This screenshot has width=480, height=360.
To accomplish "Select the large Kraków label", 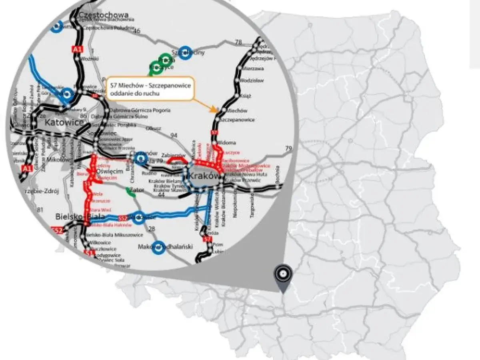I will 204,176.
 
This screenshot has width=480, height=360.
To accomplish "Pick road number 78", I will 239,42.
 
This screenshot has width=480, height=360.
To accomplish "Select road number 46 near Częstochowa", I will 138,31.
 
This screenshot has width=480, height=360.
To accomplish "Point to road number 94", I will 174,136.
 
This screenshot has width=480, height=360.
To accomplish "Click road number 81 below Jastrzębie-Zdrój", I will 40,209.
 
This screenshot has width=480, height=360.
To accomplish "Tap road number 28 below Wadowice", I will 152,228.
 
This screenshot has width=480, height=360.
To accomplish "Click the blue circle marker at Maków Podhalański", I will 158,247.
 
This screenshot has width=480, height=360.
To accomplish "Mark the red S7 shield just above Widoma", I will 214,132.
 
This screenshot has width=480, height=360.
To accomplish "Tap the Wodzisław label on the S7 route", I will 252,80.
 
